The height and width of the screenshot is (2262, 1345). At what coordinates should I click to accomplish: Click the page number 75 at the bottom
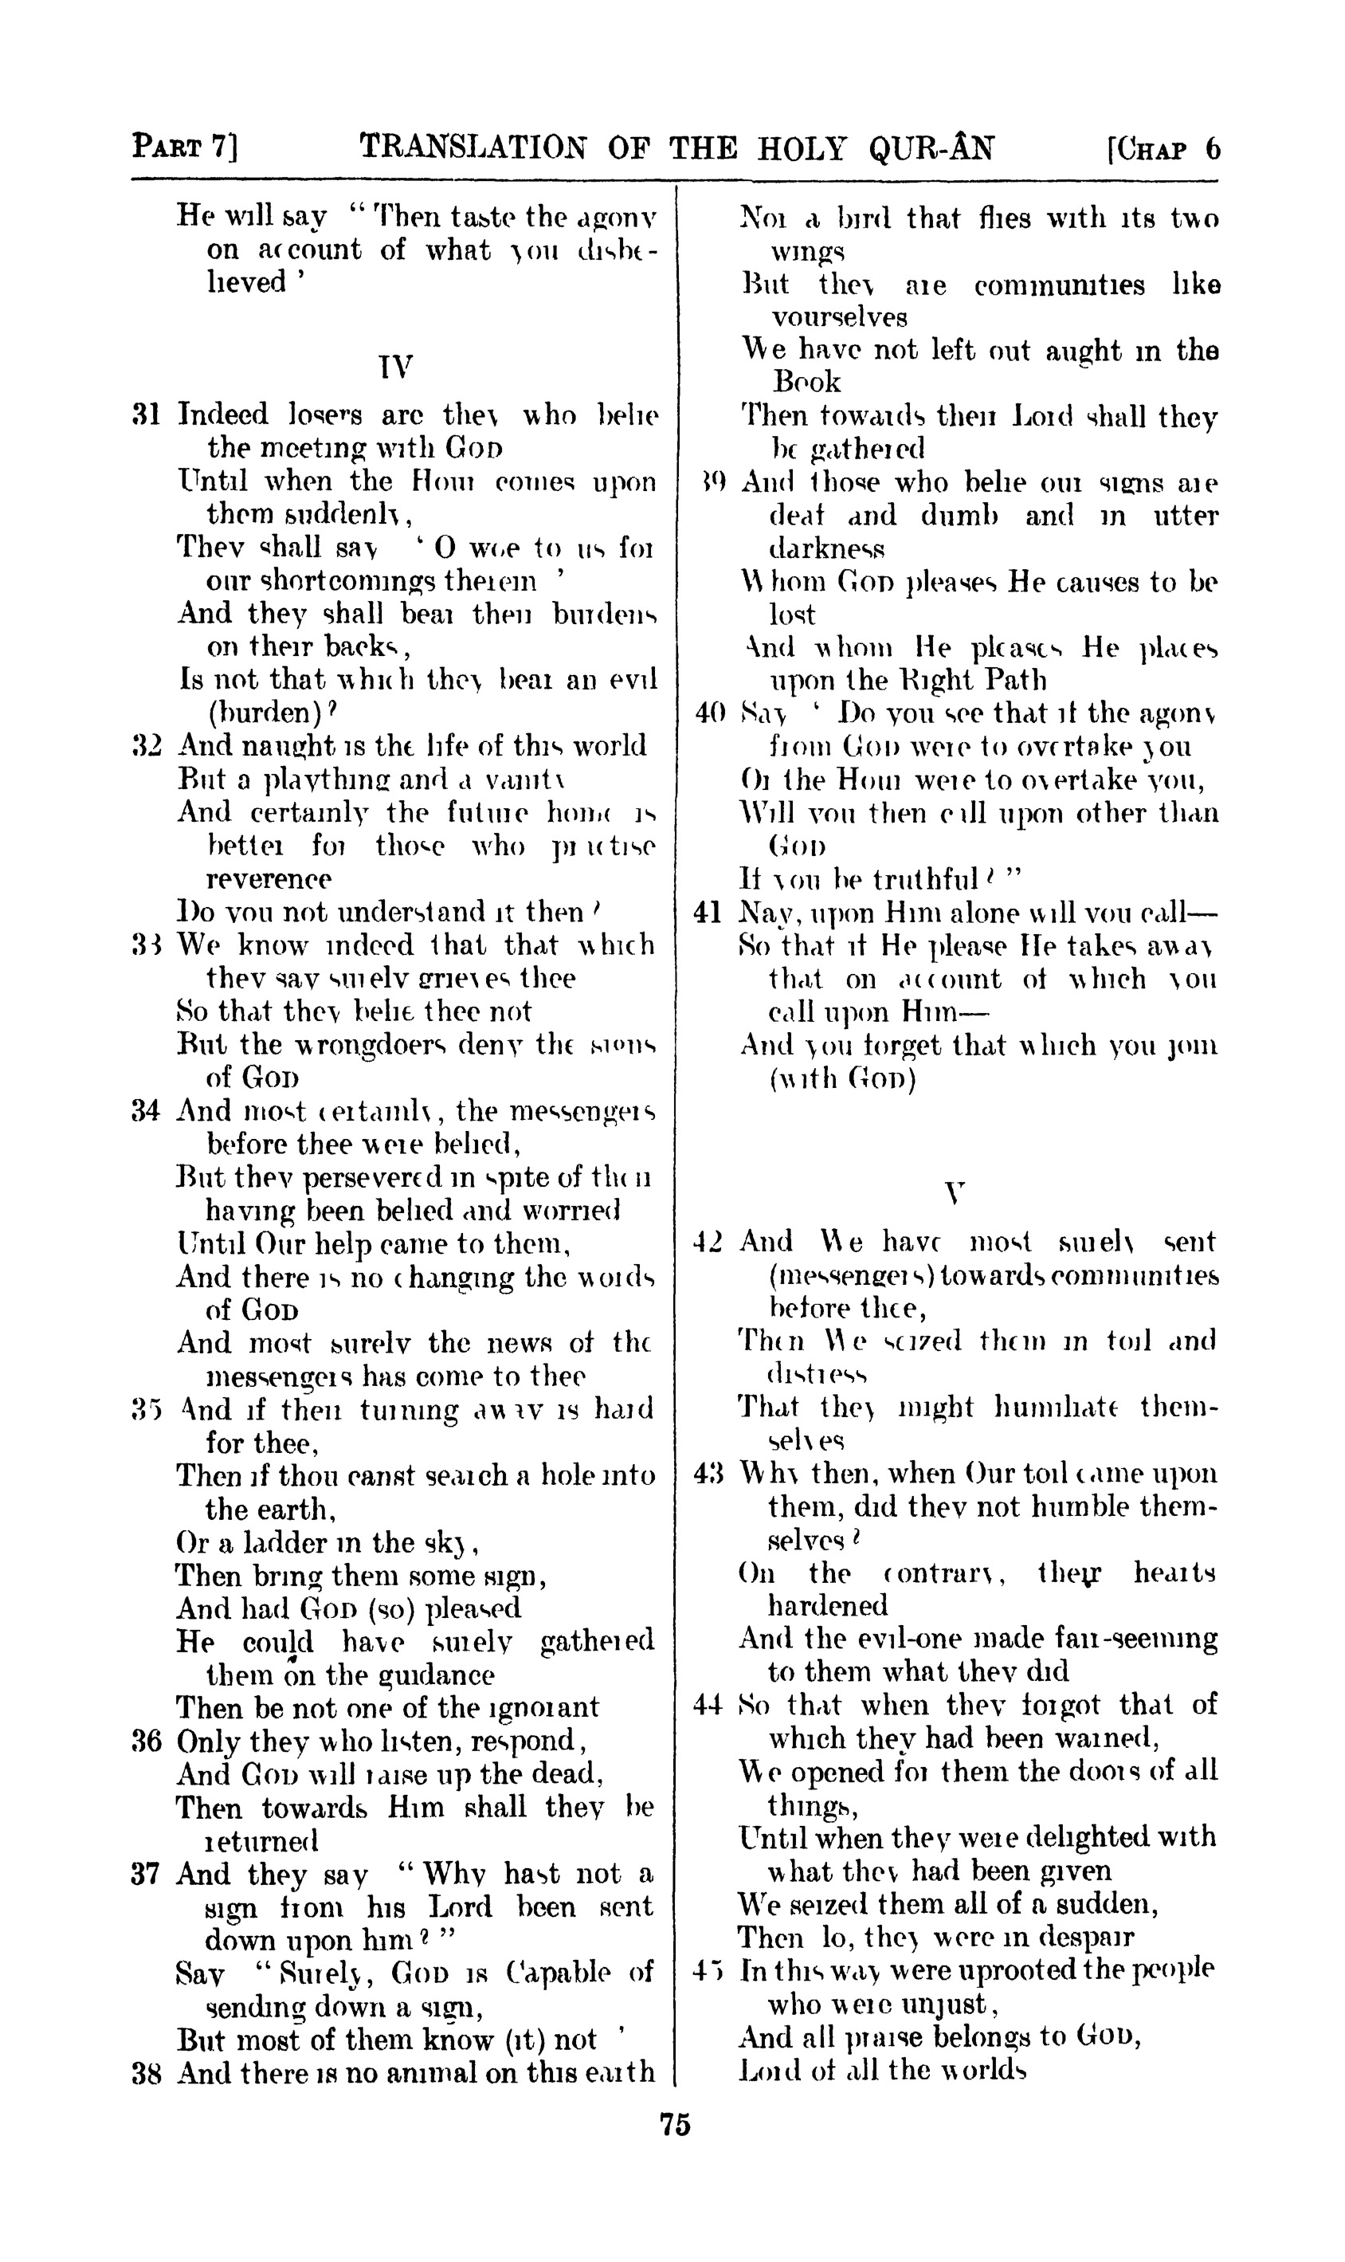tap(675, 2124)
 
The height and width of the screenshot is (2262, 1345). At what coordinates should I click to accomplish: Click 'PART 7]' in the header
tap(185, 146)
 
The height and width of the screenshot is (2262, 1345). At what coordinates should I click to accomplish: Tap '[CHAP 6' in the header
tap(1163, 147)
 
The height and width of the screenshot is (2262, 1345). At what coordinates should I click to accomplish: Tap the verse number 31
tap(146, 415)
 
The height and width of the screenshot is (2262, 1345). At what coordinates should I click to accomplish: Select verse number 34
tap(146, 1109)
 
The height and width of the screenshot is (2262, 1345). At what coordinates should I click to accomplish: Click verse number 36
tap(146, 1741)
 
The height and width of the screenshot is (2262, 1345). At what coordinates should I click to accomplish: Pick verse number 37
tap(146, 1874)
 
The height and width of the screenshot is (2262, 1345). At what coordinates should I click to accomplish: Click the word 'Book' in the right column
tap(806, 382)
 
